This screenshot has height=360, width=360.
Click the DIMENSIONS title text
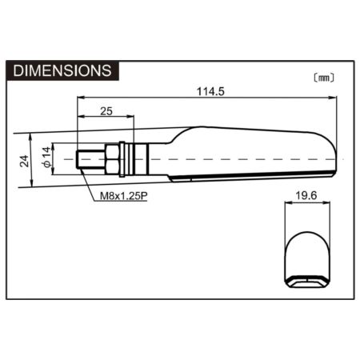click(62, 70)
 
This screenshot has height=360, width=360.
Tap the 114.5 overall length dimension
click(210, 91)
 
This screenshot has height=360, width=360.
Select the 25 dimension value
click(106, 111)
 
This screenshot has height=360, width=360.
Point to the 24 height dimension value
click(24, 161)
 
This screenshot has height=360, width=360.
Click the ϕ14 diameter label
click(46, 157)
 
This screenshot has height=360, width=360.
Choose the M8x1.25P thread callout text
click(124, 196)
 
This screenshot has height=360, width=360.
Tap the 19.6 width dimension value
click(306, 196)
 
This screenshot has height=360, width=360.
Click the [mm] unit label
click(324, 78)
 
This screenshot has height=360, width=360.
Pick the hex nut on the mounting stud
click(112, 159)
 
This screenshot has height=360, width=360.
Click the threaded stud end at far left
click(90, 159)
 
